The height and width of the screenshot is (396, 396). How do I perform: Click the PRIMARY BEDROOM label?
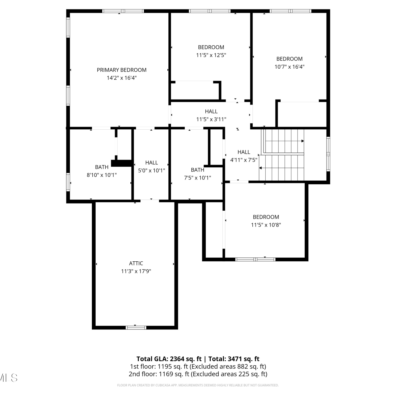pyautogui.click(x=121, y=70)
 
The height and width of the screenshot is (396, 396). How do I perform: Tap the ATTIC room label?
pyautogui.click(x=136, y=263)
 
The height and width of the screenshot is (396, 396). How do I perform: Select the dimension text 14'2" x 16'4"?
pyautogui.click(x=122, y=78)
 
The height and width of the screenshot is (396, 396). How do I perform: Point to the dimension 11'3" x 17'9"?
pyautogui.click(x=136, y=271)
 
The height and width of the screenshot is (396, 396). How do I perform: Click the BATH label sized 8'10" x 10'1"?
pyautogui.click(x=102, y=167)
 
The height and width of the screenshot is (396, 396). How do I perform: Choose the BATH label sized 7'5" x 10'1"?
pyautogui.click(x=197, y=170)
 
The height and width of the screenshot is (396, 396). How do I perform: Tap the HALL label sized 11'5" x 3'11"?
pyautogui.click(x=211, y=111)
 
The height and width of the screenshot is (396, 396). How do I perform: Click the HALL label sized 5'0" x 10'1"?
pyautogui.click(x=152, y=163)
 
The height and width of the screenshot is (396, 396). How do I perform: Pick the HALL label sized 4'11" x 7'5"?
pyautogui.click(x=244, y=152)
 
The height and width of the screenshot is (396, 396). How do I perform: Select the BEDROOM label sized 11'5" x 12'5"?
pyautogui.click(x=211, y=47)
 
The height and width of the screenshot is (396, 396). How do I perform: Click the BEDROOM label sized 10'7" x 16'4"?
pyautogui.click(x=289, y=59)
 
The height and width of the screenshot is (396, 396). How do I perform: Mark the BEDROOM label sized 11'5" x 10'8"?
pyautogui.click(x=266, y=217)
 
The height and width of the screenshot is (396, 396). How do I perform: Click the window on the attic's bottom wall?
pyautogui.click(x=136, y=328)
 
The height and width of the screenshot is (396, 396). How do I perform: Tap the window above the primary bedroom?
pyautogui.click(x=123, y=11)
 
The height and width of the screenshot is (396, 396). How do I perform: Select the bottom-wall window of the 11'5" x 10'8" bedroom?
pyautogui.click(x=255, y=260)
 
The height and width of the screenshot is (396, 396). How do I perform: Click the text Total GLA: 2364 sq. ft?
pyautogui.click(x=169, y=359)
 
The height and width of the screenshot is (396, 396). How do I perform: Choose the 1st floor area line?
pyautogui.click(x=198, y=366)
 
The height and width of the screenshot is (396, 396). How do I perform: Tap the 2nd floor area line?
pyautogui.click(x=198, y=374)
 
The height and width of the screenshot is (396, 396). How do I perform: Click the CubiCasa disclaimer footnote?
pyautogui.click(x=198, y=385)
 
